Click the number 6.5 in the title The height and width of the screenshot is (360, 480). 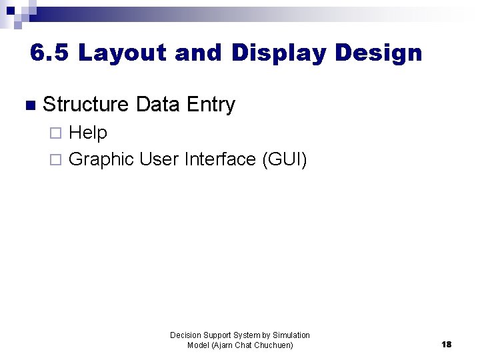[x=49, y=53]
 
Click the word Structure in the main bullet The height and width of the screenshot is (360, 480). [x=85, y=105]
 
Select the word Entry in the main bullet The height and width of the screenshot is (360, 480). [x=211, y=105]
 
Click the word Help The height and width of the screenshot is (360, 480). [x=88, y=133]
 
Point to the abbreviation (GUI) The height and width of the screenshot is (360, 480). [x=285, y=159]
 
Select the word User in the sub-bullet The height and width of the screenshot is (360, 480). [x=159, y=159]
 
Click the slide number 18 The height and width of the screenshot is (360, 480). [x=446, y=345]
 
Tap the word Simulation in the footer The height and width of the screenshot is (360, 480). [x=291, y=335]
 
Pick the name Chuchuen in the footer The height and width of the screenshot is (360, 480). [x=272, y=345]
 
